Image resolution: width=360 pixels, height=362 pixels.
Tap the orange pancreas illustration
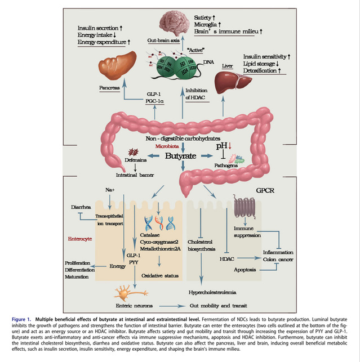point(117,67)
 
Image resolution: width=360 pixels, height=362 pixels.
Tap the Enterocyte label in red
point(79,238)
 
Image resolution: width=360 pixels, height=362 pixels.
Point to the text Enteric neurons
point(137,306)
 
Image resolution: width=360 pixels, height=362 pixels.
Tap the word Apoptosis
point(245,270)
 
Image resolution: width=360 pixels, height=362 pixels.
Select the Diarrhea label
point(81,207)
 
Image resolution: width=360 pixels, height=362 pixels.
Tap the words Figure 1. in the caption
point(24,319)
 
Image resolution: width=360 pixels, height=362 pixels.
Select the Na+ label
point(110,190)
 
